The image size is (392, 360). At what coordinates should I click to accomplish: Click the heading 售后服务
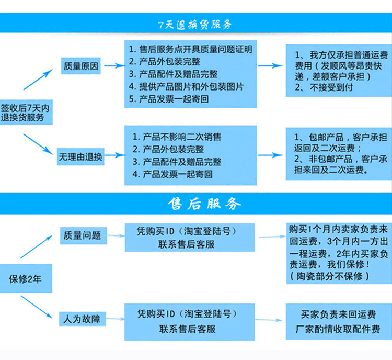(204, 204)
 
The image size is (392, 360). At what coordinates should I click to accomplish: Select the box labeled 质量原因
(80, 66)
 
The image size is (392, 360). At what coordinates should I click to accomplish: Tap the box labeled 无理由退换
(80, 156)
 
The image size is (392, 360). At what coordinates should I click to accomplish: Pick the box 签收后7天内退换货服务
(26, 113)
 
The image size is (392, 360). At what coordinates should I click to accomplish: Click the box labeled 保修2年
(25, 279)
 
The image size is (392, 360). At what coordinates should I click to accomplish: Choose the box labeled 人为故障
(80, 318)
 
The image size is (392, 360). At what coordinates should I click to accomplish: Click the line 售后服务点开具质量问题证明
(190, 49)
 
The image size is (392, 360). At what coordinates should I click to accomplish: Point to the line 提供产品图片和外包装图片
(186, 87)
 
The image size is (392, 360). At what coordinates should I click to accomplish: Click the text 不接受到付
(324, 87)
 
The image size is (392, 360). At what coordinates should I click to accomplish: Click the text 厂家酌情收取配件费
(338, 330)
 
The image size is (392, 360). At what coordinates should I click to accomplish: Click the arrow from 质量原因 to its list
(113, 66)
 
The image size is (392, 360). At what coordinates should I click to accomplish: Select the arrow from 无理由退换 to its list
(113, 156)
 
